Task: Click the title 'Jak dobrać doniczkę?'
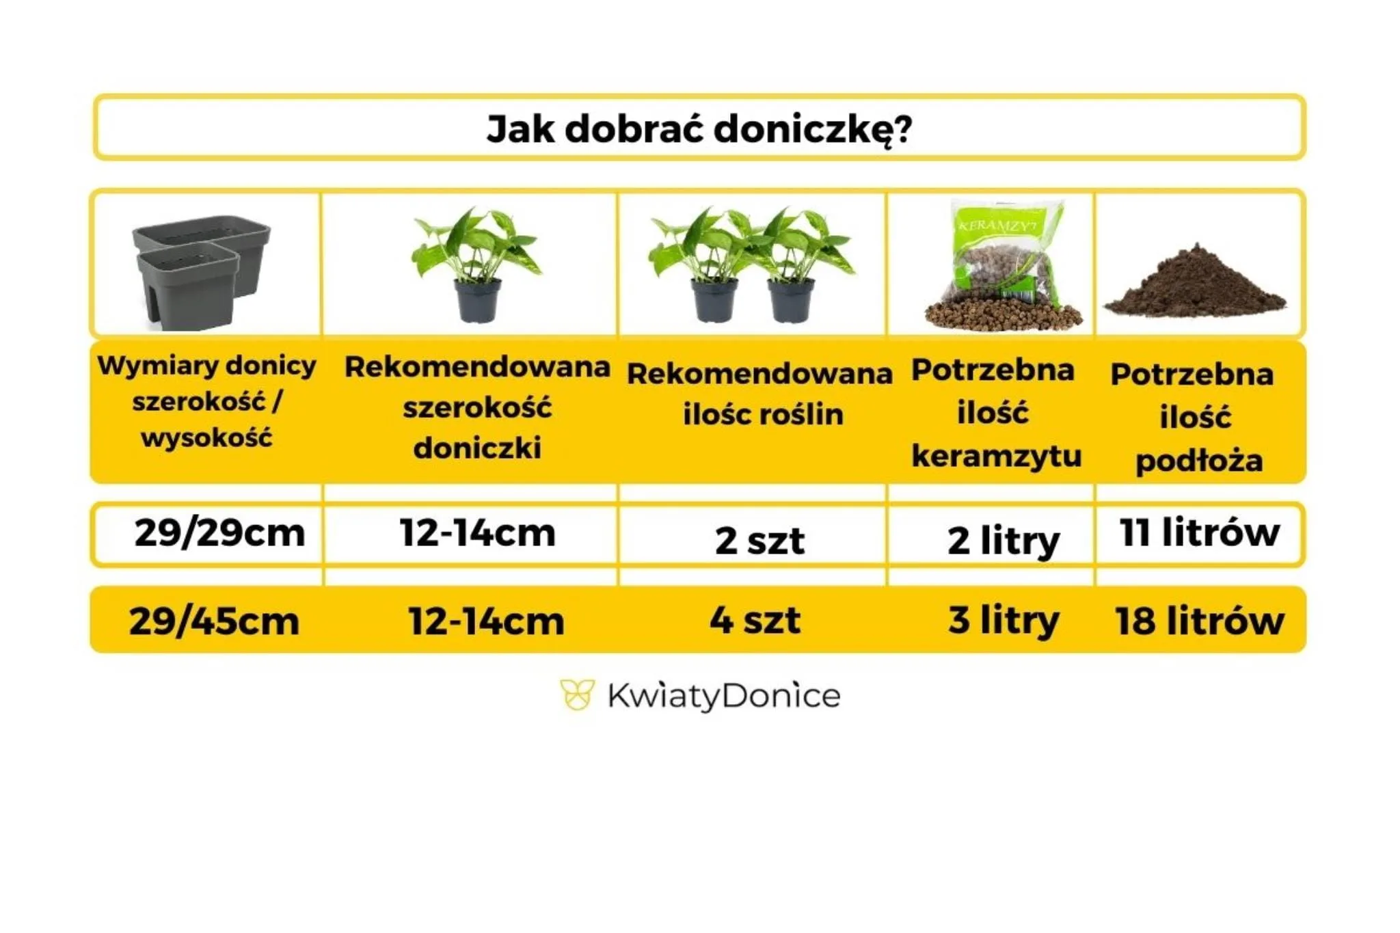[x=699, y=129]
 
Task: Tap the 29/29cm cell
[x=219, y=533]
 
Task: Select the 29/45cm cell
[x=214, y=621]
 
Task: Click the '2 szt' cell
[x=759, y=541]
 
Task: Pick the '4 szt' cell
[x=755, y=620]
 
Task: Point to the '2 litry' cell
[x=1004, y=541]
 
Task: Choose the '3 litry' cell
[x=1004, y=621]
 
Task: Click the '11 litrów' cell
[x=1200, y=532]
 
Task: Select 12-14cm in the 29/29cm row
[x=477, y=533]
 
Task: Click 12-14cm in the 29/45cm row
[x=486, y=621]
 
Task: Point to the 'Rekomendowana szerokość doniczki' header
[x=477, y=407]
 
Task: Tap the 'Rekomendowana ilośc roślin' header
[x=759, y=394]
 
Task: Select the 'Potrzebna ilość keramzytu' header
[x=996, y=413]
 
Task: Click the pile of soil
[x=1195, y=284]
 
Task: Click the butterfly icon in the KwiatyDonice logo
[x=577, y=695]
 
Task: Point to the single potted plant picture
[x=476, y=264]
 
